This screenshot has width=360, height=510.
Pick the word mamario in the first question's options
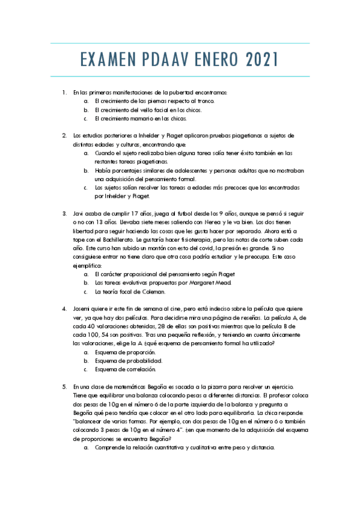[x=146, y=118]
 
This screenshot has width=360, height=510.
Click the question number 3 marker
[x=64, y=214]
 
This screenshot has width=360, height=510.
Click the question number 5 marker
[x=64, y=387]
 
